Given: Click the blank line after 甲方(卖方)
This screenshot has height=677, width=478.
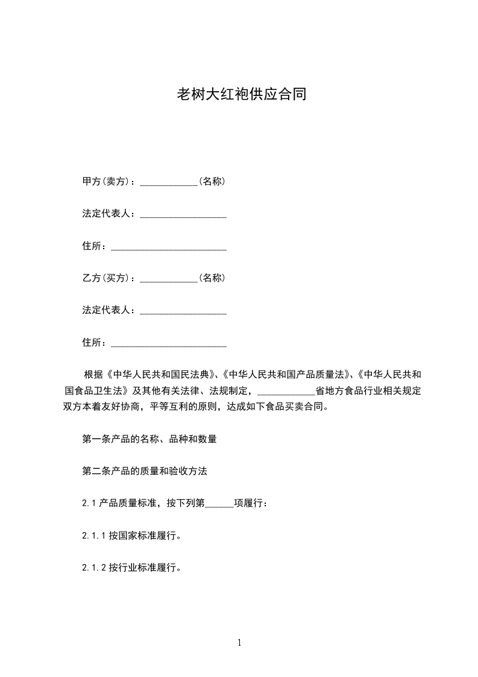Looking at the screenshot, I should pyautogui.click(x=169, y=182).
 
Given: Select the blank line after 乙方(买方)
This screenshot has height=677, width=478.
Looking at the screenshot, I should pyautogui.click(x=169, y=279).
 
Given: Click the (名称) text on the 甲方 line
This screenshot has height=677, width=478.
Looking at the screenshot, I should pyautogui.click(x=212, y=181).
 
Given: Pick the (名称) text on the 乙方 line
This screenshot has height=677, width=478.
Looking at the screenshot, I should pyautogui.click(x=212, y=278).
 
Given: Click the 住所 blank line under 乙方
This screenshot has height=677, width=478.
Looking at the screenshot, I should pyautogui.click(x=169, y=344).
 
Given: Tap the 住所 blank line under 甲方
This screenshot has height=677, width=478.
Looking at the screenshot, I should pyautogui.click(x=169, y=247).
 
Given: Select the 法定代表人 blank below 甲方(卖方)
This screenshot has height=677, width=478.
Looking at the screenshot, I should pyautogui.click(x=183, y=215).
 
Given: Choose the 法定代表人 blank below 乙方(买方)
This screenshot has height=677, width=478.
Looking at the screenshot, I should pyautogui.click(x=183, y=311).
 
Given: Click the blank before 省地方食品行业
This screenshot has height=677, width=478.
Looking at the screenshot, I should pyautogui.click(x=286, y=392).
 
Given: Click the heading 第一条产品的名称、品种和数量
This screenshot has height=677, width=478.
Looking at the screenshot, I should pyautogui.click(x=149, y=439).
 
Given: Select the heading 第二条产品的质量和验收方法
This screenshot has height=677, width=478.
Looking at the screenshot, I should pyautogui.click(x=144, y=471).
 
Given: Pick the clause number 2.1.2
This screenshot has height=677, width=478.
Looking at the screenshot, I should pyautogui.click(x=94, y=568).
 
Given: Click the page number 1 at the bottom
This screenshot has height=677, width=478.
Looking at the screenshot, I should pyautogui.click(x=239, y=643).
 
